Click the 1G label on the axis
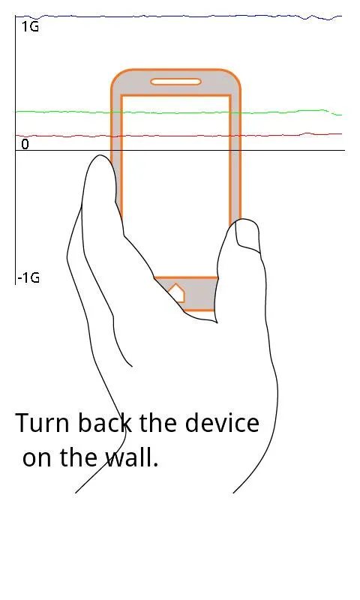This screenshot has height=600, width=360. pos(30,26)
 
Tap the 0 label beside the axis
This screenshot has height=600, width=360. pos(25,144)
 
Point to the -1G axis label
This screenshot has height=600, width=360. pos(28,277)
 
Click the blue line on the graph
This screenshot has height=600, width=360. pos(178,16)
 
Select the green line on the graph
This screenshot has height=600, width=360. pos(178,112)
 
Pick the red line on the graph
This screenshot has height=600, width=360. pos(178,135)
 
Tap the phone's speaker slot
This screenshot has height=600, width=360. pos(175,82)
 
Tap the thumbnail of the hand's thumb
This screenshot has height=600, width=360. pos(247,234)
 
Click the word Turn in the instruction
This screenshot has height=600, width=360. pos(43,423)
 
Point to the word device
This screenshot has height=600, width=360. pos(222,422)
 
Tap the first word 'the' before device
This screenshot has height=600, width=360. pos(157,422)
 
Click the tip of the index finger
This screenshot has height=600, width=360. pos(100,156)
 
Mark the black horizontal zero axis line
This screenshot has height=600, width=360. pos(180,151)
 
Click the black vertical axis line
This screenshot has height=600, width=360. pos(16,150)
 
